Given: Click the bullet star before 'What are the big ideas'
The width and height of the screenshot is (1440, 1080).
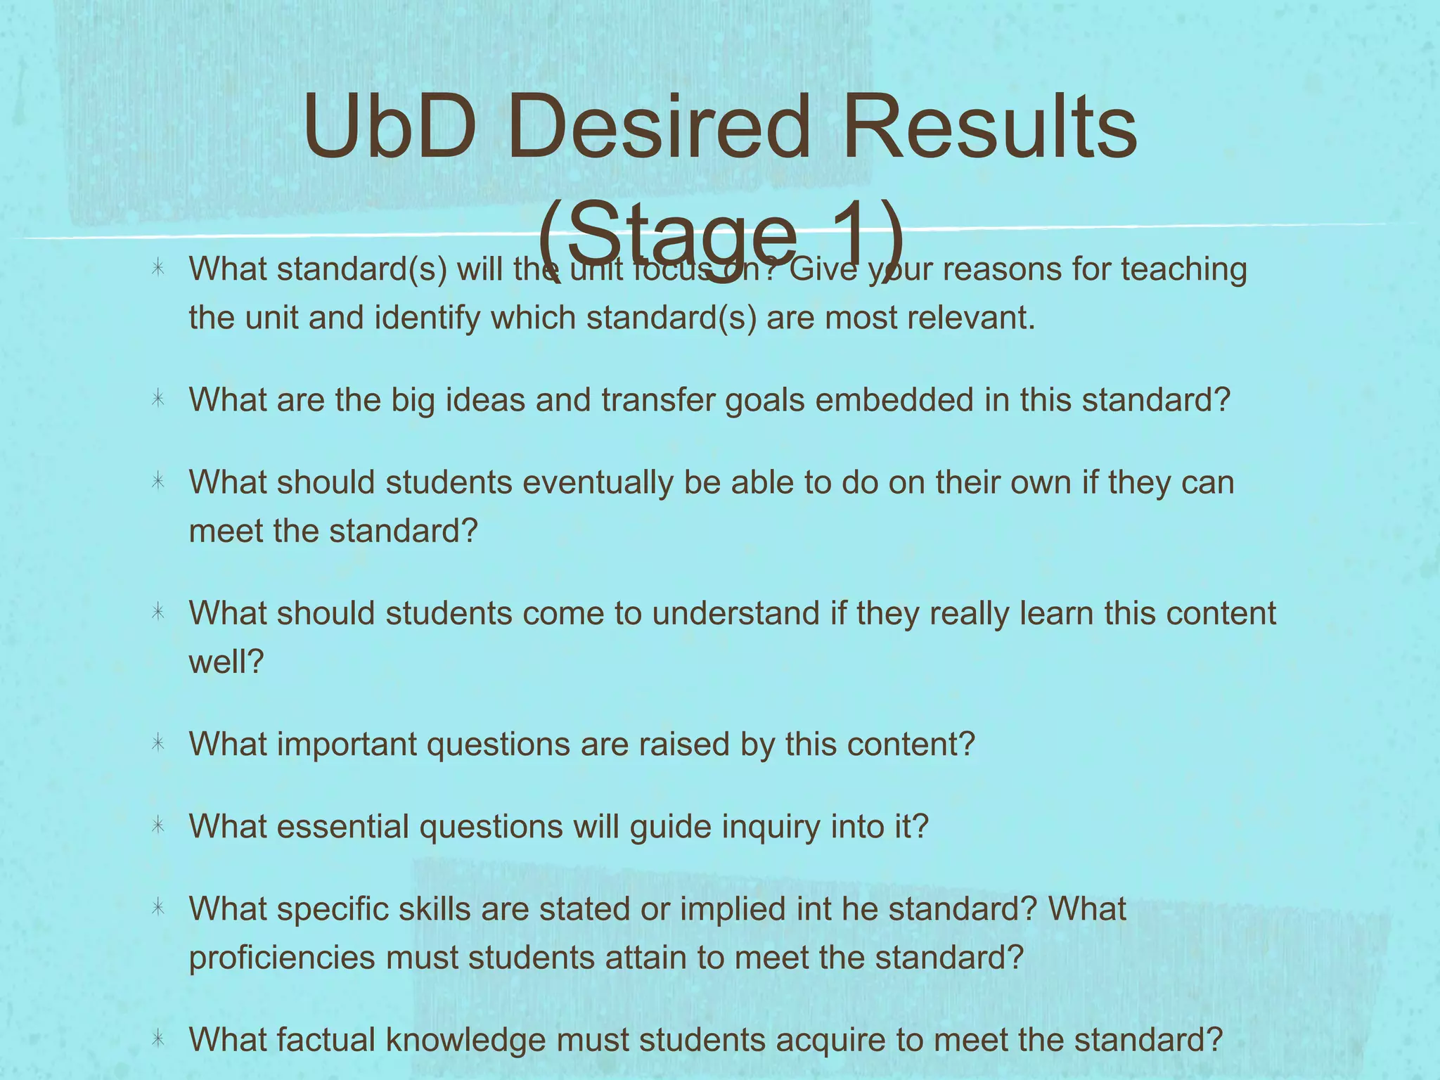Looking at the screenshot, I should [158, 400].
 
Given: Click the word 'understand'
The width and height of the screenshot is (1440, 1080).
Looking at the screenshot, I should [735, 613].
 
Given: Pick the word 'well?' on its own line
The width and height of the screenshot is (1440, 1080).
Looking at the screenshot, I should [226, 661].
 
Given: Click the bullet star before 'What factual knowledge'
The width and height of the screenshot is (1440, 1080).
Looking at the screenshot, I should [158, 1039].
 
